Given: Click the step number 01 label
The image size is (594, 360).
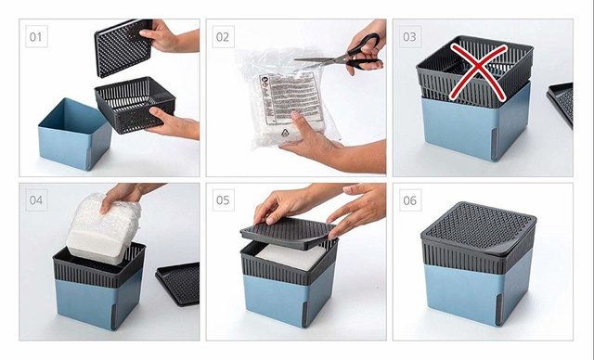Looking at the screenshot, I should (x=36, y=38).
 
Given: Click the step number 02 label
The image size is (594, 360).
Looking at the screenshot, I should (x=222, y=38).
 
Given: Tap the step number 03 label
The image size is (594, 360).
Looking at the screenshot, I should (x=410, y=38).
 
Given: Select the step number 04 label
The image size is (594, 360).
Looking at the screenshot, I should (x=36, y=200).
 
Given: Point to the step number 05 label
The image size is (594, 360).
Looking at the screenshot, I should (x=222, y=200).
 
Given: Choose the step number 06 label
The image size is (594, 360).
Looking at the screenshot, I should (x=410, y=200).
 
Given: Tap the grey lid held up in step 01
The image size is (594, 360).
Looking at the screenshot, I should (x=124, y=46).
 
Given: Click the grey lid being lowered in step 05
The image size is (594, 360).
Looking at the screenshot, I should (x=288, y=232).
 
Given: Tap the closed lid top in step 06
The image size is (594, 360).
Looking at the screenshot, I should (x=478, y=223).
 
